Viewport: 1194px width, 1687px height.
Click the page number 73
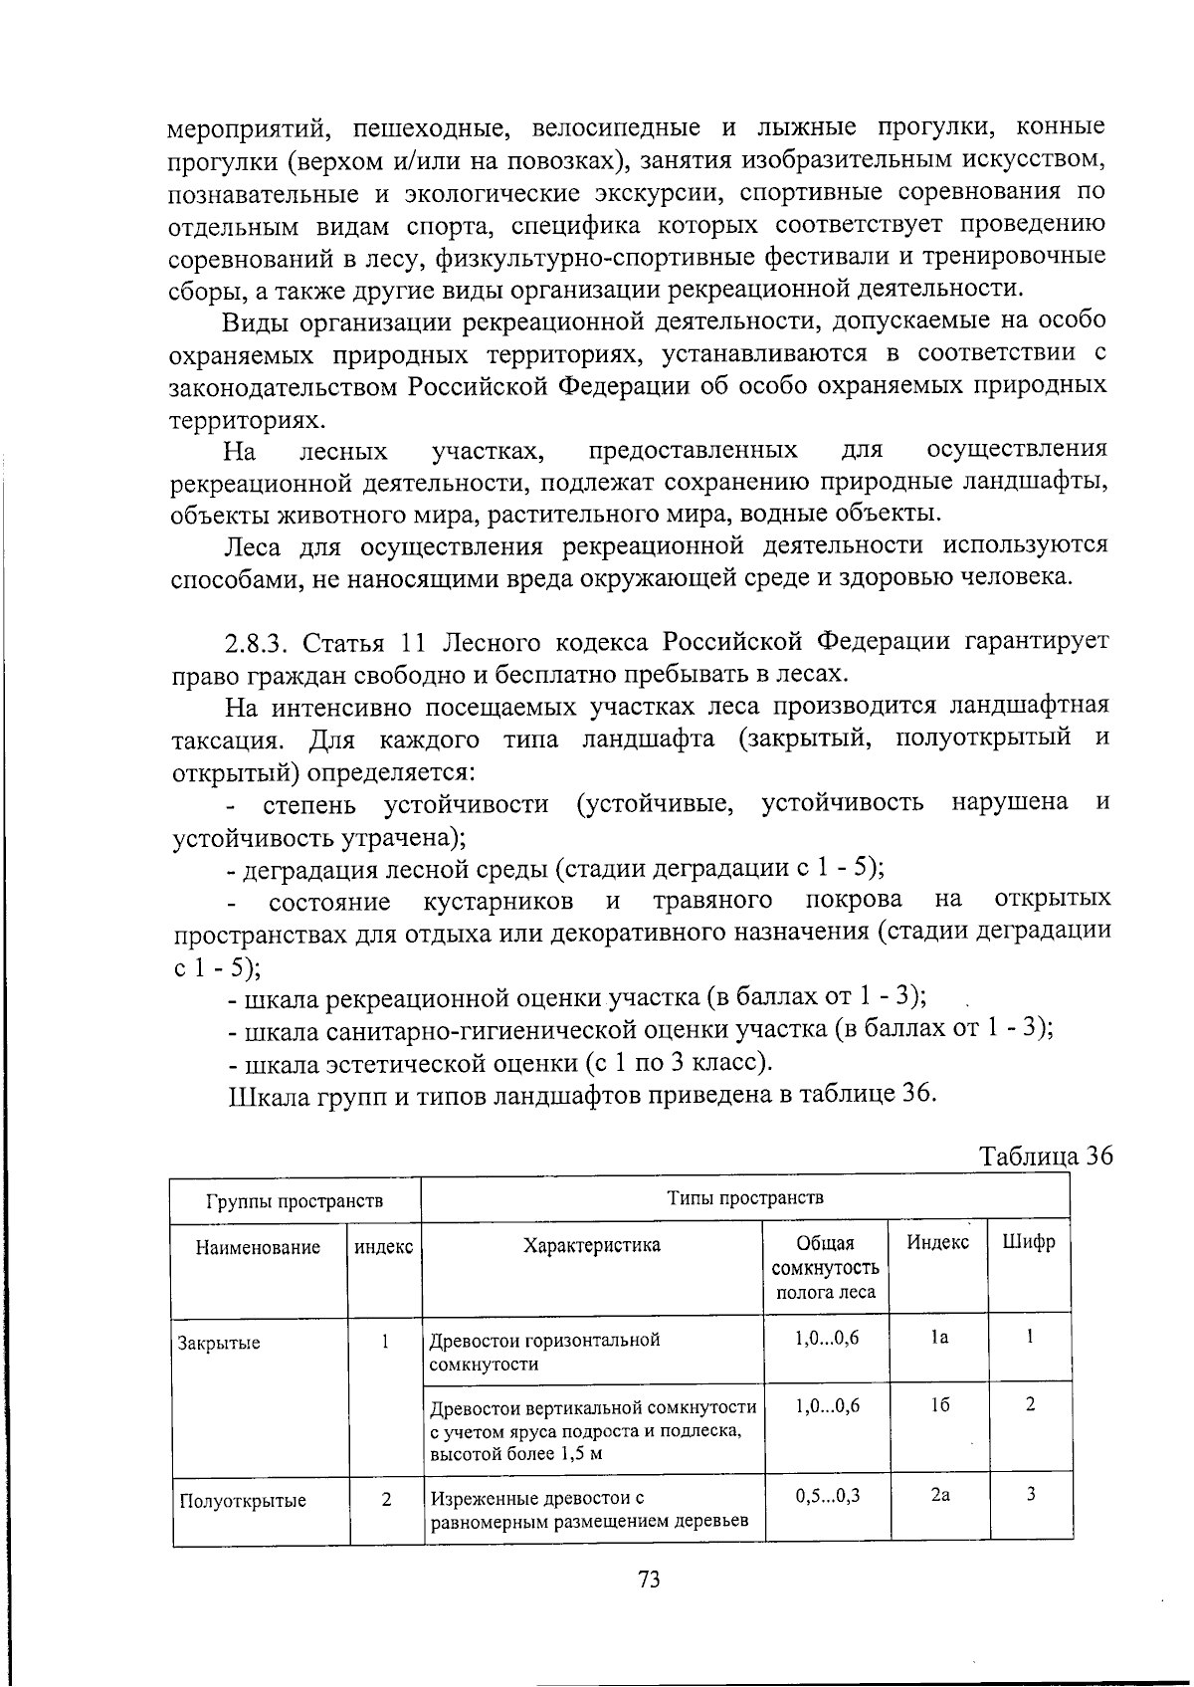click(649, 1580)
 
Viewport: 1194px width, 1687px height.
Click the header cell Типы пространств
click(745, 1196)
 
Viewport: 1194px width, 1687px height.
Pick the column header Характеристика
click(592, 1245)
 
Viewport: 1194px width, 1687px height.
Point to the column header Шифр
click(1029, 1242)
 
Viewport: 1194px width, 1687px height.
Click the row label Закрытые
click(219, 1343)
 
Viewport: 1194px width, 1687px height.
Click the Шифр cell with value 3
click(1031, 1494)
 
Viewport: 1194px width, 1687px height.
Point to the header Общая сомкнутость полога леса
click(825, 1268)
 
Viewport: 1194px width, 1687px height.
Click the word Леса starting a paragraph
click(253, 546)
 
